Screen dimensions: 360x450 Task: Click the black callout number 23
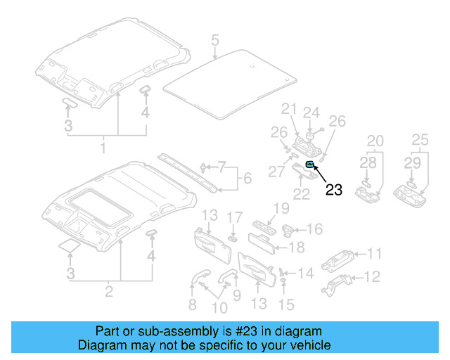pyautogui.click(x=333, y=188)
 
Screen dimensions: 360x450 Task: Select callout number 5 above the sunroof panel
pyautogui.click(x=214, y=39)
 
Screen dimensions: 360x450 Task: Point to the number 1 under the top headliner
pyautogui.click(x=103, y=148)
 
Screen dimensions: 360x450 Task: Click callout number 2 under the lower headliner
pyautogui.click(x=109, y=290)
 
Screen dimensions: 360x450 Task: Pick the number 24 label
pyautogui.click(x=311, y=112)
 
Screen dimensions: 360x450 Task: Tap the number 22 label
pyautogui.click(x=302, y=194)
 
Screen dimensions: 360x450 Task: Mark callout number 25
pyautogui.click(x=420, y=141)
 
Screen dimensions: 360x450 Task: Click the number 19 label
pyautogui.click(x=281, y=208)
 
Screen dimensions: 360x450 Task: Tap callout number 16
pyautogui.click(x=314, y=229)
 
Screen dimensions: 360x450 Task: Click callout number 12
pyautogui.click(x=374, y=276)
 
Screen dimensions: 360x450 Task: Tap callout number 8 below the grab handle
pyautogui.click(x=192, y=304)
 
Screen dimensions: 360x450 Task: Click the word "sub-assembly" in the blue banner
pyautogui.click(x=153, y=331)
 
